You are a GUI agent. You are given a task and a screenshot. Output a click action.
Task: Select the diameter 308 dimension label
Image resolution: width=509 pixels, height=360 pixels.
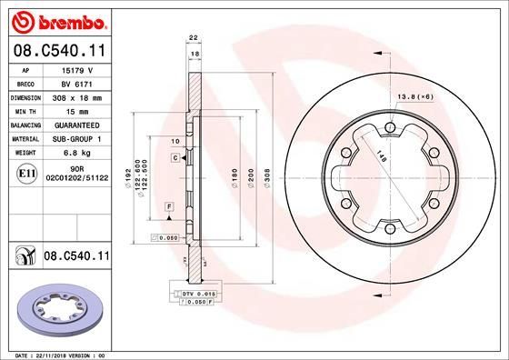[x=266, y=178]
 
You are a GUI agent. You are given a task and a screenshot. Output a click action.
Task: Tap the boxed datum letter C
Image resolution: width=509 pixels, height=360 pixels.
[x=174, y=158]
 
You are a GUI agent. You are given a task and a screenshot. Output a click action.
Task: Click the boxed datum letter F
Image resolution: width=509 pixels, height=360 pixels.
[x=168, y=208]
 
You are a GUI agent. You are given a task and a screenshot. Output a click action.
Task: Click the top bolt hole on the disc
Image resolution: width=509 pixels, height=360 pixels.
[x=389, y=126]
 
